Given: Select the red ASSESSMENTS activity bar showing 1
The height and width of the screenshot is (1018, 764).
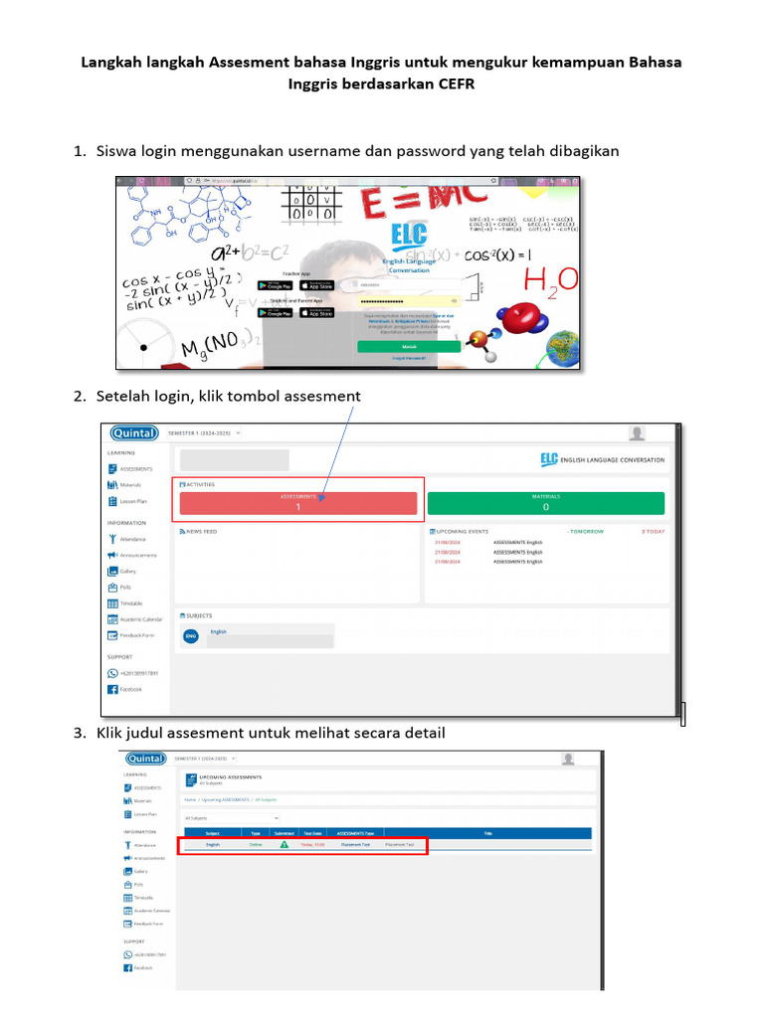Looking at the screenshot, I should tap(298, 502).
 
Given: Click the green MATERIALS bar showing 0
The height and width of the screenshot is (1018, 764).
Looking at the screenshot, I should tap(545, 502).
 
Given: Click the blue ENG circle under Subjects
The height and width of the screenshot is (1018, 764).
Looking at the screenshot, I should tap(191, 635).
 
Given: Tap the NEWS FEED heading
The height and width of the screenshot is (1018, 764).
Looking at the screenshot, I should tap(200, 532).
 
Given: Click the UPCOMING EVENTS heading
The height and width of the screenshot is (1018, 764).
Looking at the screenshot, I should tap(465, 532).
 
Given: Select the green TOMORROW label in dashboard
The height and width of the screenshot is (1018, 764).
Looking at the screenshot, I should tap(585, 532).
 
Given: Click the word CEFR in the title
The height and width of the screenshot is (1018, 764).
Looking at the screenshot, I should tap(456, 84).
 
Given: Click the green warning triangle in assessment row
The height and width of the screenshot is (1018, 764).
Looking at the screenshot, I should tap(285, 844).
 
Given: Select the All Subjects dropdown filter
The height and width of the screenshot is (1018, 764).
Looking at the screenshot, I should tap(231, 817).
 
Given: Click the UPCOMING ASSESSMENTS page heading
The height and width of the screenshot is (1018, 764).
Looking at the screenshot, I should tap(232, 775).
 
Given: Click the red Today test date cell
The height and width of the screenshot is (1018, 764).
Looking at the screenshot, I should tap(312, 844).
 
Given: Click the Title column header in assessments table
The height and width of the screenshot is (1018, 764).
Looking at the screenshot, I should tap(487, 833).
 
